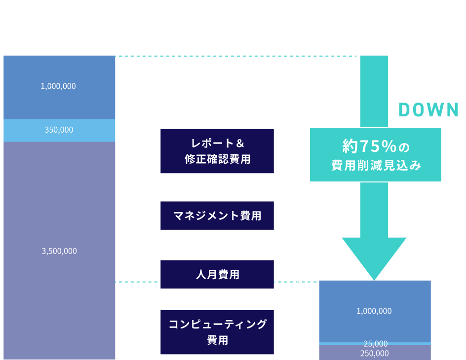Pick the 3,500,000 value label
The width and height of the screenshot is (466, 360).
[59, 251]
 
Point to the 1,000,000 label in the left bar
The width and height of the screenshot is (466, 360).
[58, 86]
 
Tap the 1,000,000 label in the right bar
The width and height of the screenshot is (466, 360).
[374, 311]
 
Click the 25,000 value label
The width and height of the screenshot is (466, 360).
[375, 343]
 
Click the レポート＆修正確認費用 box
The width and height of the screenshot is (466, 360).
[217, 151]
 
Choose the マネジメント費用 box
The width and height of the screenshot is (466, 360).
[217, 216]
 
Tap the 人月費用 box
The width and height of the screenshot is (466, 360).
[217, 274]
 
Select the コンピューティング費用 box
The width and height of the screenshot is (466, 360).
[217, 332]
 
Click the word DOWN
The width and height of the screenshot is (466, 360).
[428, 110]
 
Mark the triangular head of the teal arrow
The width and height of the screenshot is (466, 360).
[374, 256]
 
